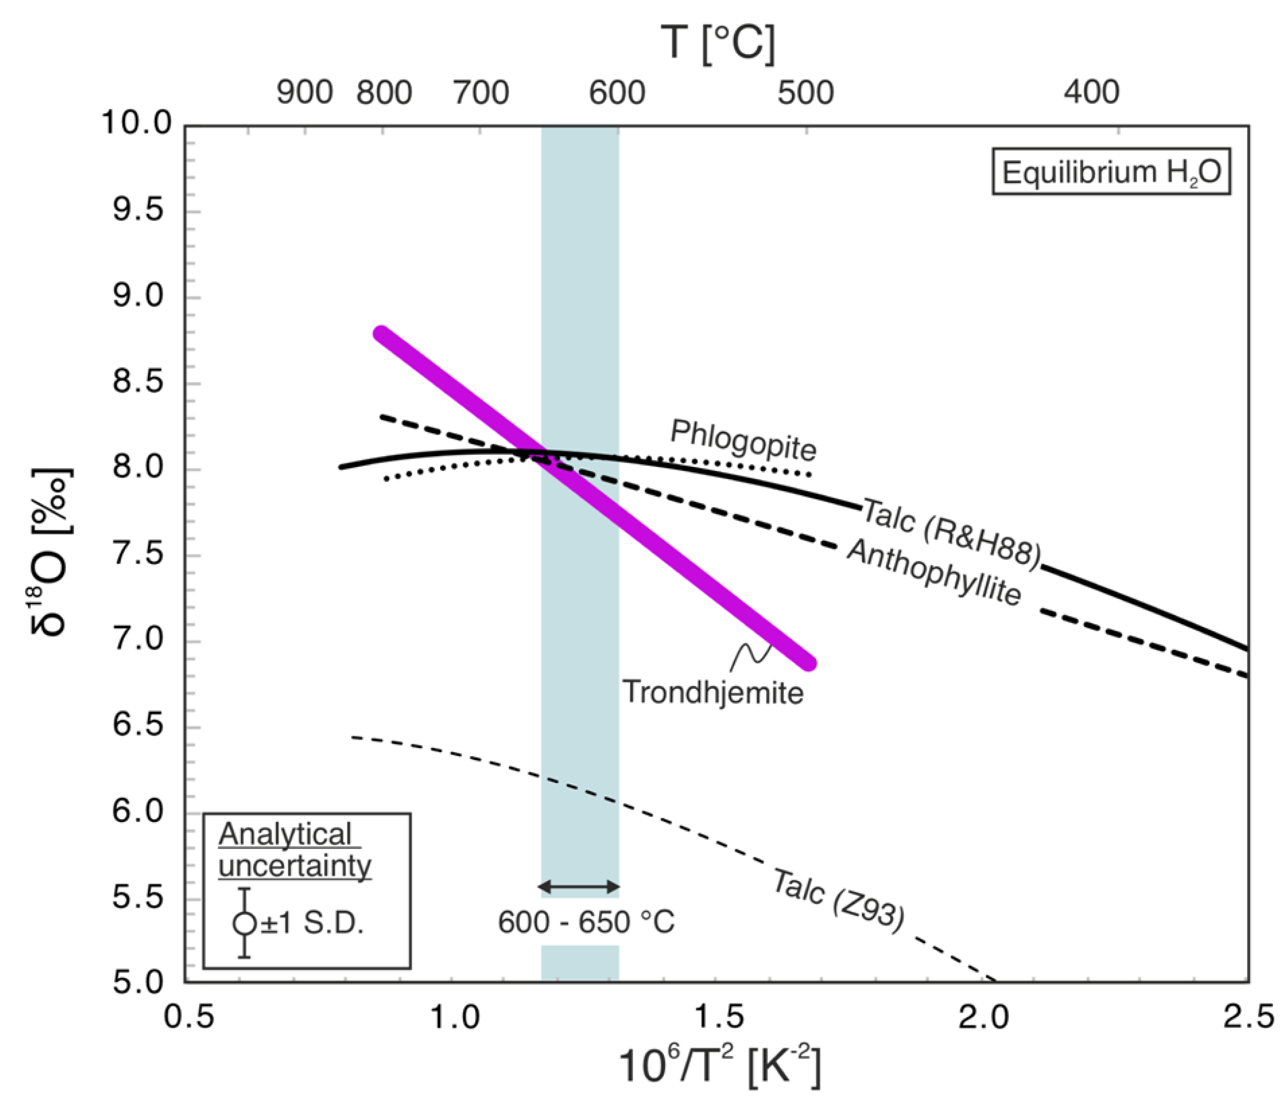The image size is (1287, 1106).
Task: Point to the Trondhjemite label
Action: (x=713, y=692)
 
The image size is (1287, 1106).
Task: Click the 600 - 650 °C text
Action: (x=586, y=922)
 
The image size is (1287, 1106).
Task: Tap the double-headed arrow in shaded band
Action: (x=579, y=886)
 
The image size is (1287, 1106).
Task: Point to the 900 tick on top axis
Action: (x=304, y=93)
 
